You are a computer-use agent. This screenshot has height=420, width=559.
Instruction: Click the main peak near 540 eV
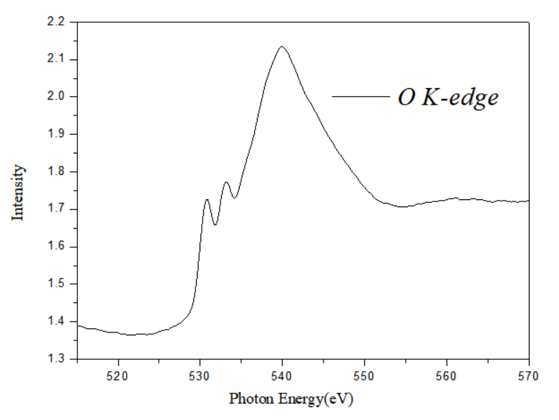pyautogui.click(x=282, y=47)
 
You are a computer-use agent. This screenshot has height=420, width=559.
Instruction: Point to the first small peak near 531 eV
pyautogui.click(x=207, y=200)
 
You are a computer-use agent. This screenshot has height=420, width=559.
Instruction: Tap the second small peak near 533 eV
pyautogui.click(x=226, y=183)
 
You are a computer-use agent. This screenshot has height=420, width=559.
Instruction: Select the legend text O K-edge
pyautogui.click(x=447, y=97)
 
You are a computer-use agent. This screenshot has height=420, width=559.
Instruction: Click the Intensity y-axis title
pyautogui.click(x=19, y=191)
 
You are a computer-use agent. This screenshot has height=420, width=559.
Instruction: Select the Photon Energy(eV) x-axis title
pyautogui.click(x=291, y=397)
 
